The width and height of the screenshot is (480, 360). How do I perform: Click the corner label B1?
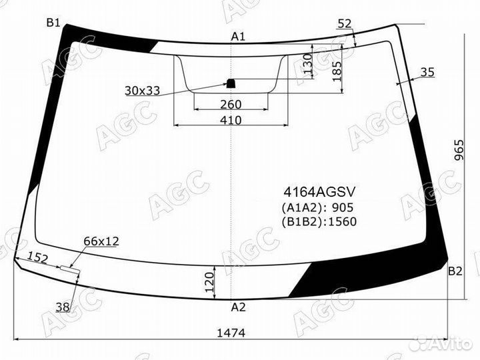[x=53, y=23]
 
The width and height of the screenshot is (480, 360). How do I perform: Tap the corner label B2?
[x=455, y=271]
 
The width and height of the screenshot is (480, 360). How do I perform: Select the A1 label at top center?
[x=238, y=37]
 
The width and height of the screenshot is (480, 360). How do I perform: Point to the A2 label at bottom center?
[x=238, y=307]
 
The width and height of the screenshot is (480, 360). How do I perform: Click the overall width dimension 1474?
[x=231, y=333]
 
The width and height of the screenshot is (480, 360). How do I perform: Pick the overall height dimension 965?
[x=459, y=150]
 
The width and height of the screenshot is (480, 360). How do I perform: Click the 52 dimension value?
[x=345, y=23]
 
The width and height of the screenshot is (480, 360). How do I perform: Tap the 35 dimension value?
[x=427, y=72]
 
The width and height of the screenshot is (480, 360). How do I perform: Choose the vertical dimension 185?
[x=337, y=71]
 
